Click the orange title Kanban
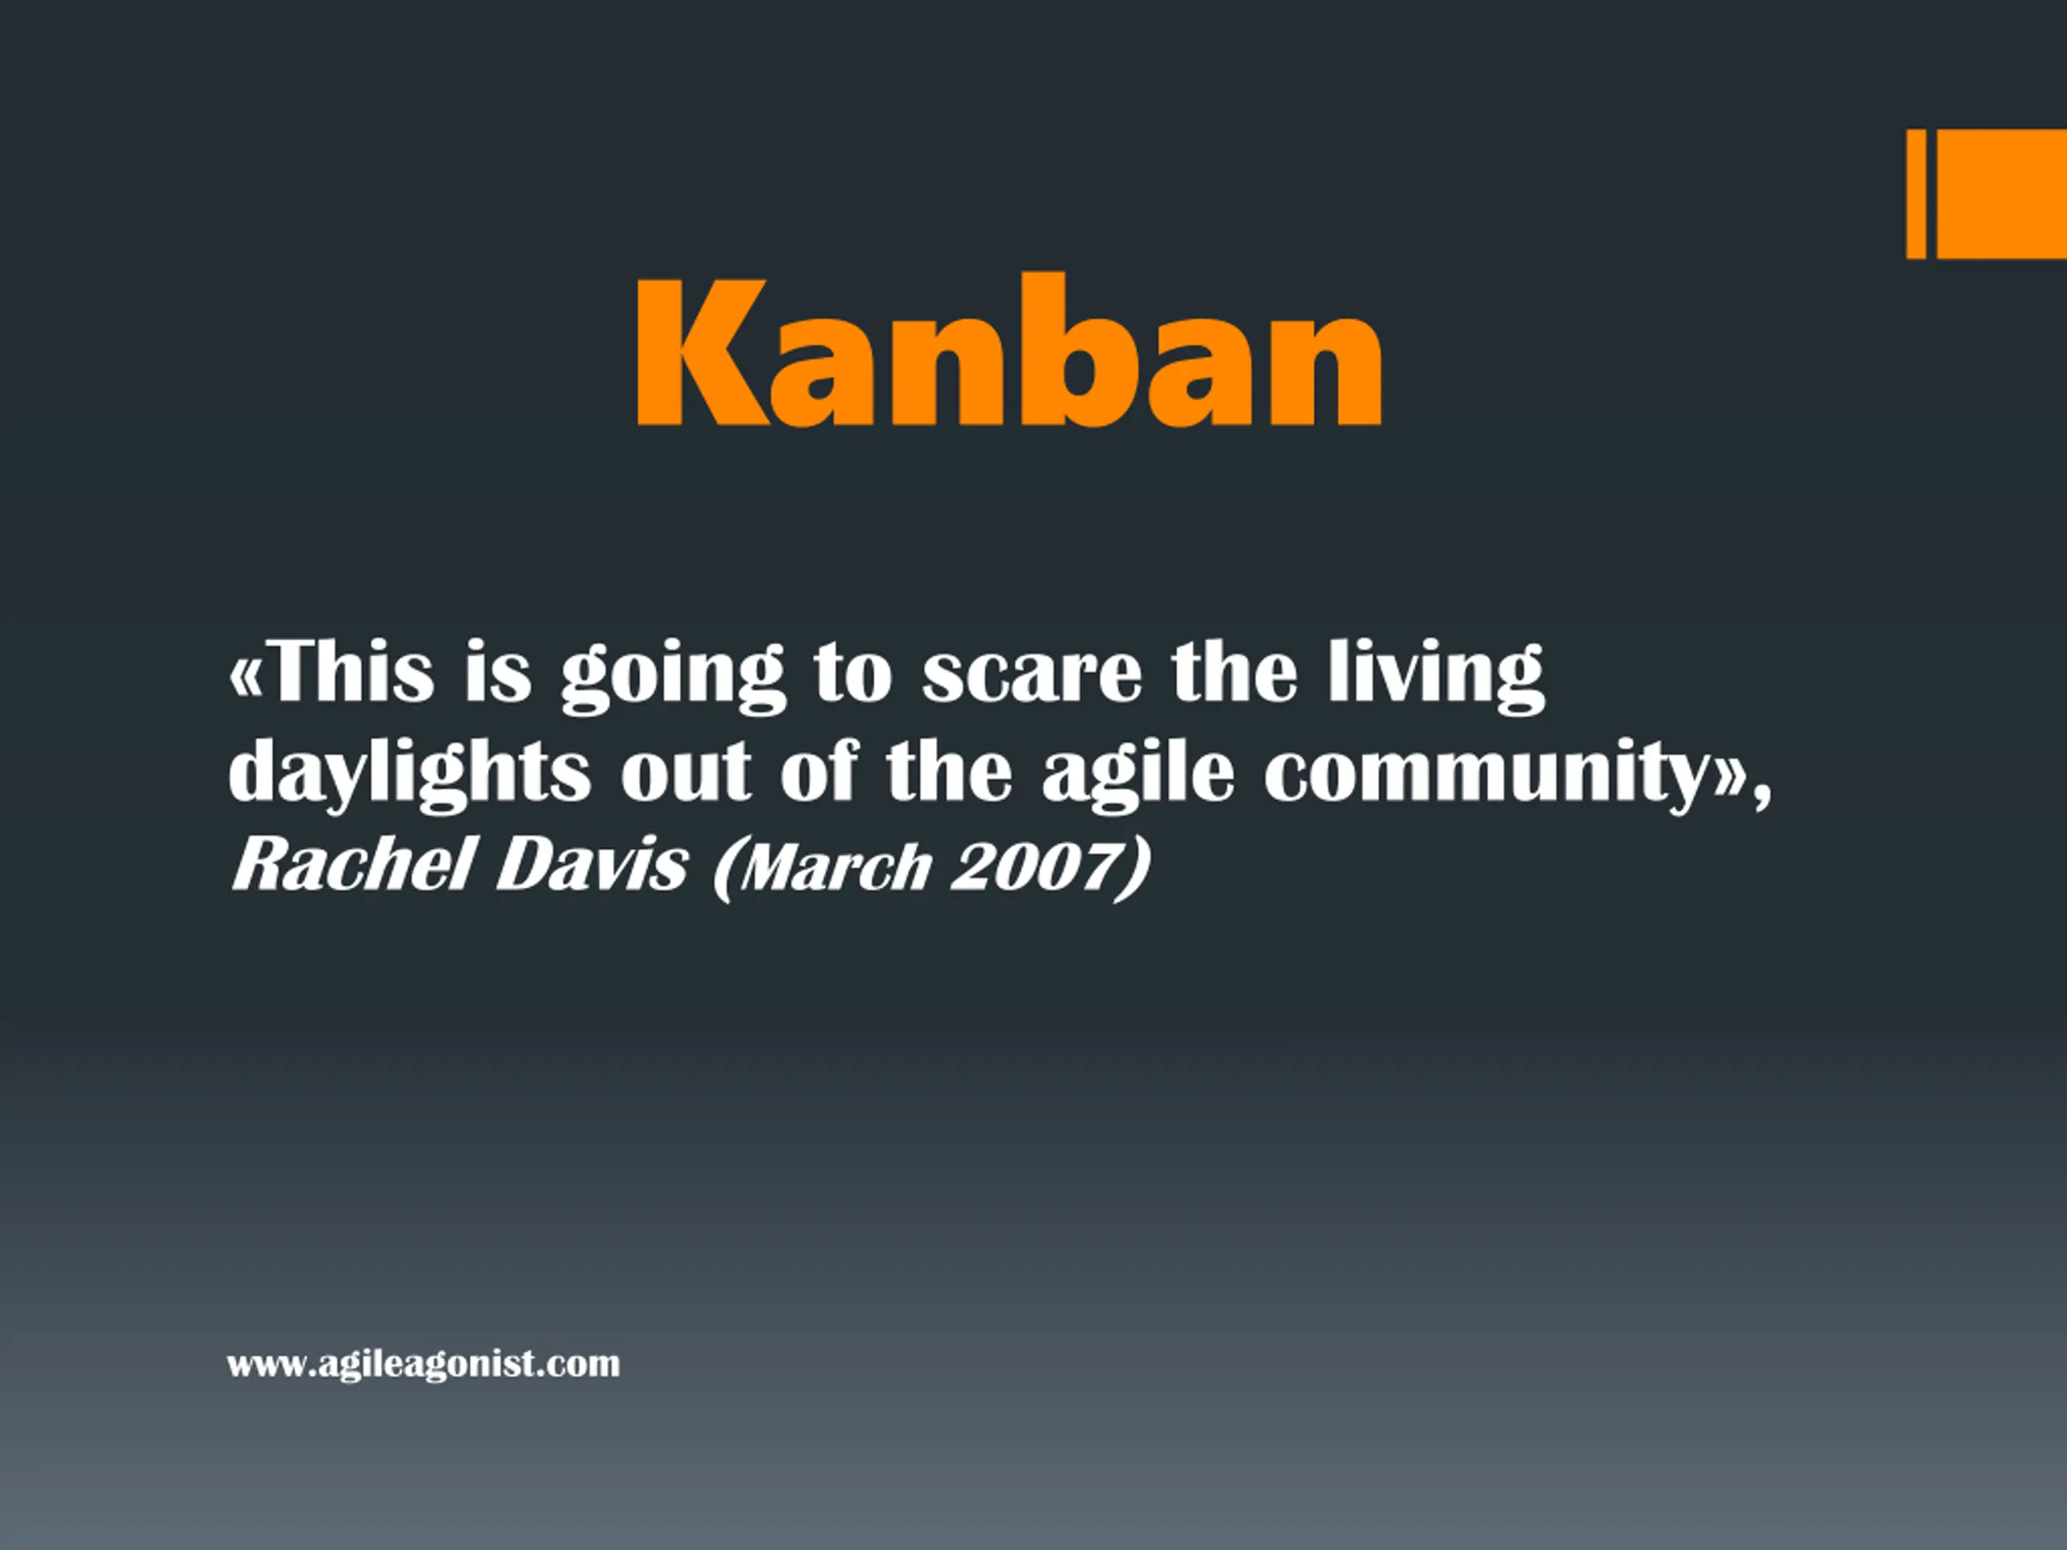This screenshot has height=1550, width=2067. pyautogui.click(x=1008, y=350)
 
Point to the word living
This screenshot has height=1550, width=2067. pyautogui.click(x=1436, y=676)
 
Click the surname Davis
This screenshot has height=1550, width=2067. pyautogui.click(x=593, y=865)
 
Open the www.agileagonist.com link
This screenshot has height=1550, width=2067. pyautogui.click(x=423, y=1364)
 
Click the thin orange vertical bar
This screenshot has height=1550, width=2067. pyautogui.click(x=1916, y=194)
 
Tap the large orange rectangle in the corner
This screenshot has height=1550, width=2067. pyautogui.click(x=2002, y=194)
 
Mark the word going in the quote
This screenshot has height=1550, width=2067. pyautogui.click(x=672, y=677)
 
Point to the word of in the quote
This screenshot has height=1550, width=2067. pyautogui.click(x=819, y=771)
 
